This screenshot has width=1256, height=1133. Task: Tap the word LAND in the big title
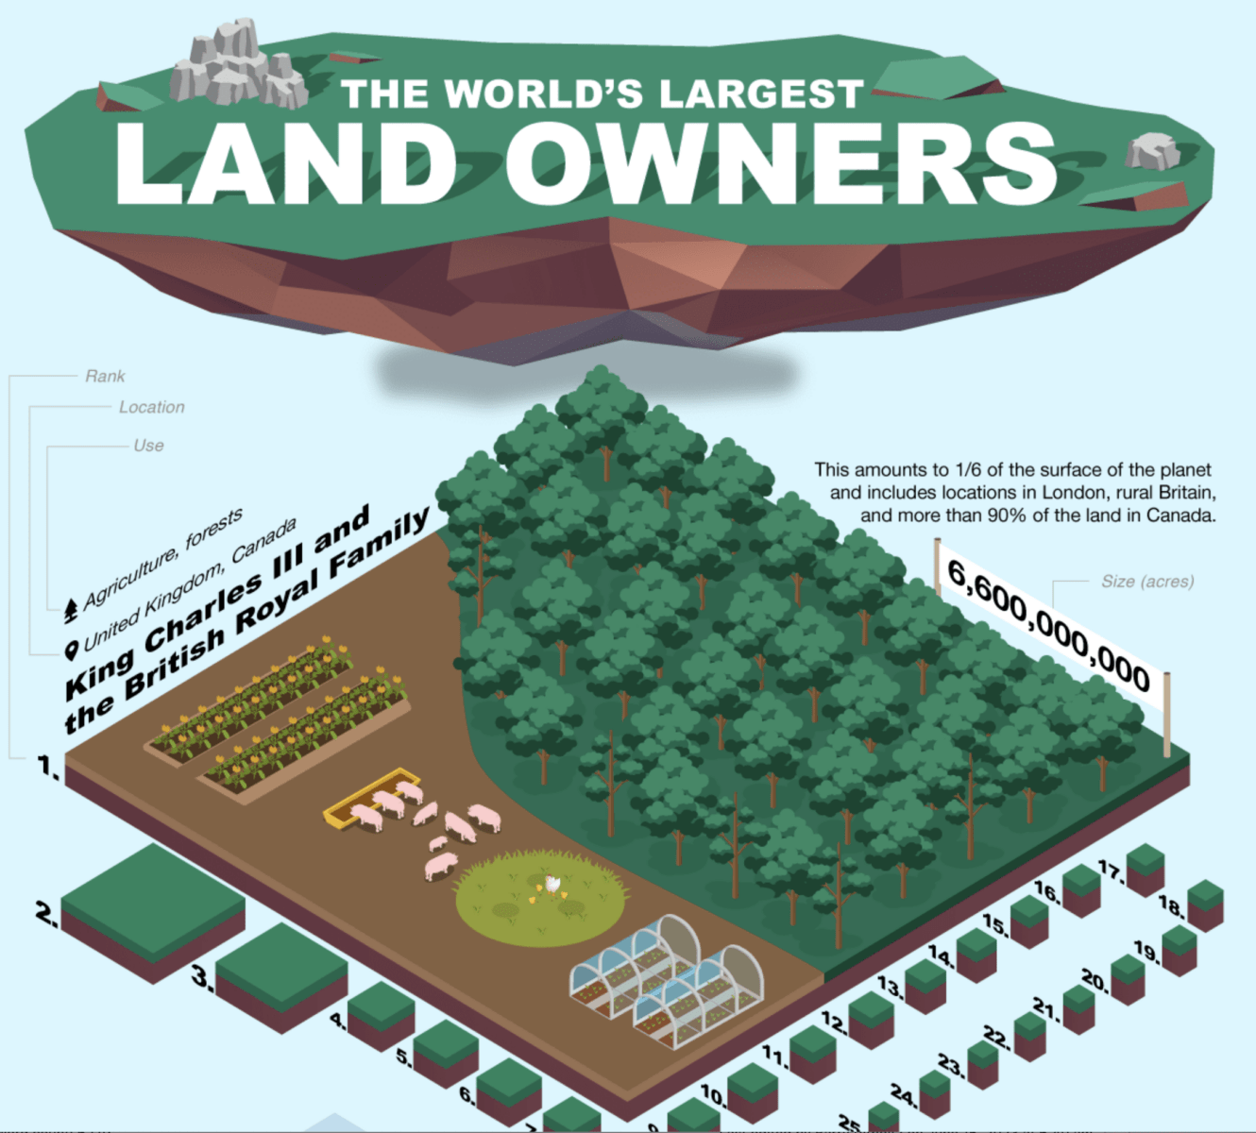[x=285, y=162]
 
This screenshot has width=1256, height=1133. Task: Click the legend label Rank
[x=105, y=376]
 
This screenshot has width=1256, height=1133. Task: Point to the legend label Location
[x=151, y=407]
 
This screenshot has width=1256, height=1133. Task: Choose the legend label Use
[x=148, y=445]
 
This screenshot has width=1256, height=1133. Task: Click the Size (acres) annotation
[x=1146, y=582]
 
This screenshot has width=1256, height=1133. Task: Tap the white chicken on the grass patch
[x=552, y=886]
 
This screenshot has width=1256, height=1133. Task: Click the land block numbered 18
[x=1205, y=905]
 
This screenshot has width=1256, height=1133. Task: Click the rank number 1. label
[x=48, y=767]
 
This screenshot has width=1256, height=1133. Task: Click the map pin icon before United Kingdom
[x=71, y=650]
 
